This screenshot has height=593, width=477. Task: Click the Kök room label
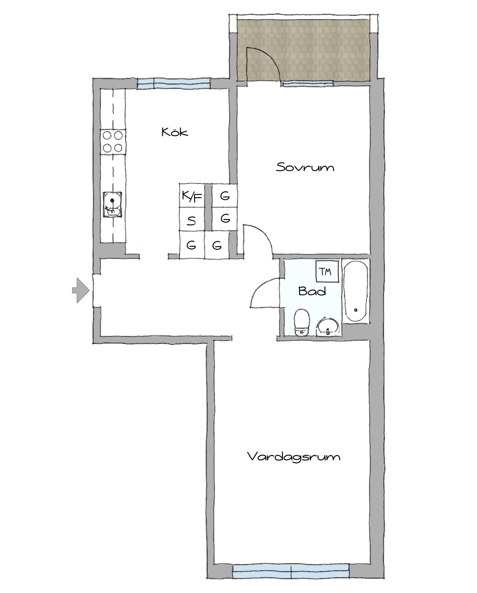(175, 132)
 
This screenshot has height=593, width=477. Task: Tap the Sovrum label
(305, 167)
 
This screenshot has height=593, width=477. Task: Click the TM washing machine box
(327, 271)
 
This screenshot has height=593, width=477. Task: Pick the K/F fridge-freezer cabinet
(192, 196)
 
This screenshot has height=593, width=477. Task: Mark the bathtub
(355, 291)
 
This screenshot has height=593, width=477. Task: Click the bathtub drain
(356, 310)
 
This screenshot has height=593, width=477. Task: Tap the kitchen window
(174, 84)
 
